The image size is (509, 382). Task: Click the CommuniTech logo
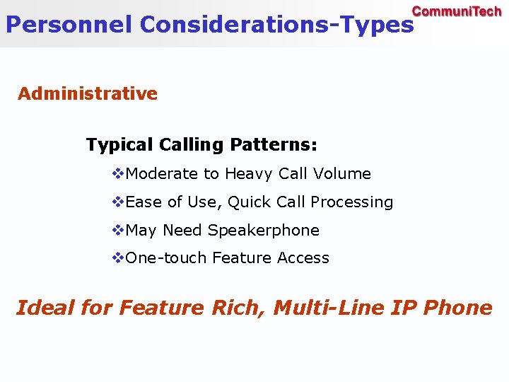click(x=456, y=11)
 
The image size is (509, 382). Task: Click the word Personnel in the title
click(x=69, y=25)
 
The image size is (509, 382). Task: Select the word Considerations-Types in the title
click(x=276, y=25)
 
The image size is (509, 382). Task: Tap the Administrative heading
click(x=88, y=93)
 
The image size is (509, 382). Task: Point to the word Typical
click(x=119, y=145)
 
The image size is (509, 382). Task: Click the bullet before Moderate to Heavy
click(x=118, y=173)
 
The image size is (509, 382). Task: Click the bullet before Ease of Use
click(x=118, y=202)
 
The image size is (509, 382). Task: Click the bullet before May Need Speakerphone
click(x=118, y=230)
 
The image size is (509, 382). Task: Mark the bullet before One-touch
click(x=118, y=258)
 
